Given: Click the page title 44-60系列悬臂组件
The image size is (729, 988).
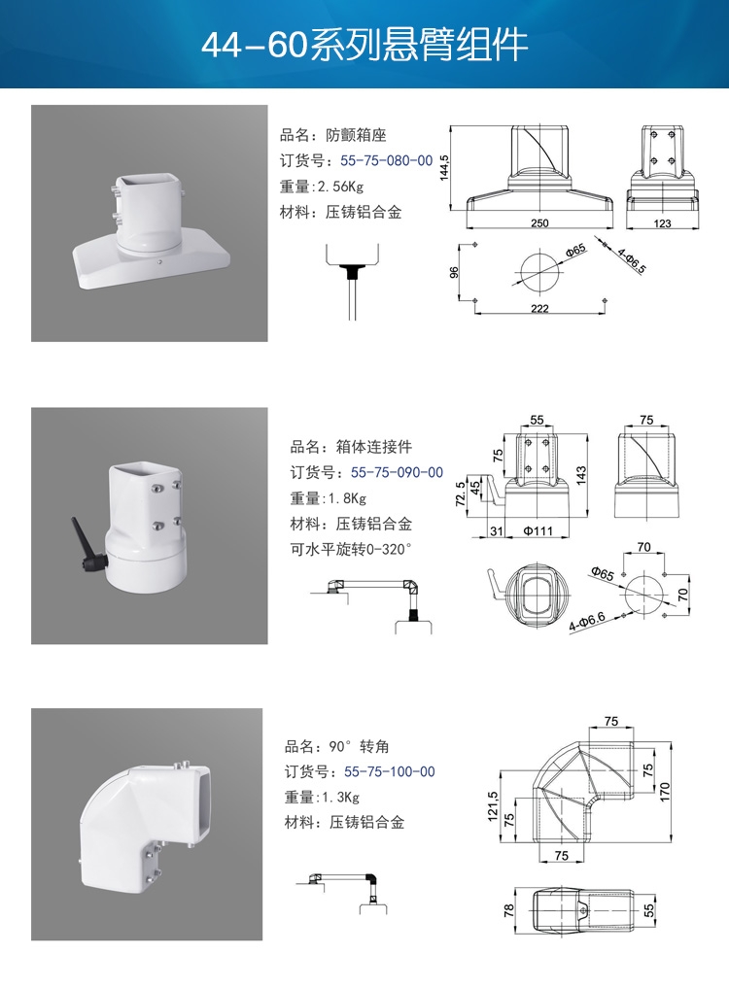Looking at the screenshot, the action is pos(364,45).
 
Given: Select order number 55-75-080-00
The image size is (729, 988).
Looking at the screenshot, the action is pos(387,160).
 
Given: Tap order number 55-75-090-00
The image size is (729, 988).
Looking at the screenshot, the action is pos(397,472).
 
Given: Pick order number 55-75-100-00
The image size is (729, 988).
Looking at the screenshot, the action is pos(390,772).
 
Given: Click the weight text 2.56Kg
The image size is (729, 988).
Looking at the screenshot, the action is pos(340,187).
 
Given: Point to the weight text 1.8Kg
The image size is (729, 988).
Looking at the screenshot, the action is pos(347,498).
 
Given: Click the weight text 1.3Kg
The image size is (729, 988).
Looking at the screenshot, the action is pos(340,798).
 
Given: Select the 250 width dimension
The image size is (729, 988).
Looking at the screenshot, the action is pos(539,223).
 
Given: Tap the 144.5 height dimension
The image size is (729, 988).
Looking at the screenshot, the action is pos(444,168).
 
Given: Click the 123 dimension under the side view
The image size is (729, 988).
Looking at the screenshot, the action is pos(662,223).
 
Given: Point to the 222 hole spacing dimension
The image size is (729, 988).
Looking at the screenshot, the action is pos(539,308).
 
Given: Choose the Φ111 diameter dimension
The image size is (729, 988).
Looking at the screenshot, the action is pos(538,531).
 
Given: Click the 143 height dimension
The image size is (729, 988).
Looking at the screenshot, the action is pos(581,474).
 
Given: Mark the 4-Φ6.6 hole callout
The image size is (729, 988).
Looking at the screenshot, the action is pos(587,622).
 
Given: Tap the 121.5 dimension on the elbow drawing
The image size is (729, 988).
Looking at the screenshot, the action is pos(493,806).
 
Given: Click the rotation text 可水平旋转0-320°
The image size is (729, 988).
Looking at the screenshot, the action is pos(351,550).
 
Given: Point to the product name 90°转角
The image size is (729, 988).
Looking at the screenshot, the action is pos(336,747).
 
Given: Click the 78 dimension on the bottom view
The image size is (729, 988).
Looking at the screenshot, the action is pos(509,910).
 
